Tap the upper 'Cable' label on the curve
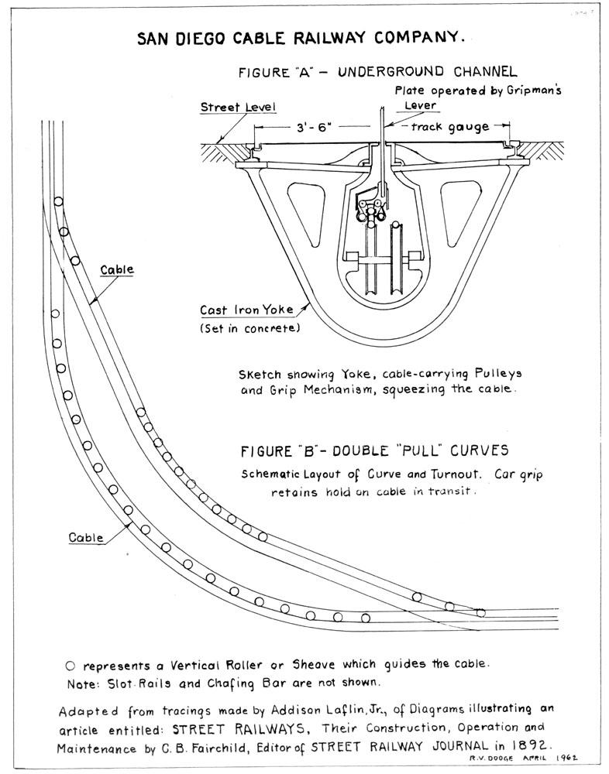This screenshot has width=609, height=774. point(117,270)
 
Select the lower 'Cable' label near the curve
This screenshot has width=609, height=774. point(86,536)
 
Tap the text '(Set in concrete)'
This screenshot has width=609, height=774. point(240,328)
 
